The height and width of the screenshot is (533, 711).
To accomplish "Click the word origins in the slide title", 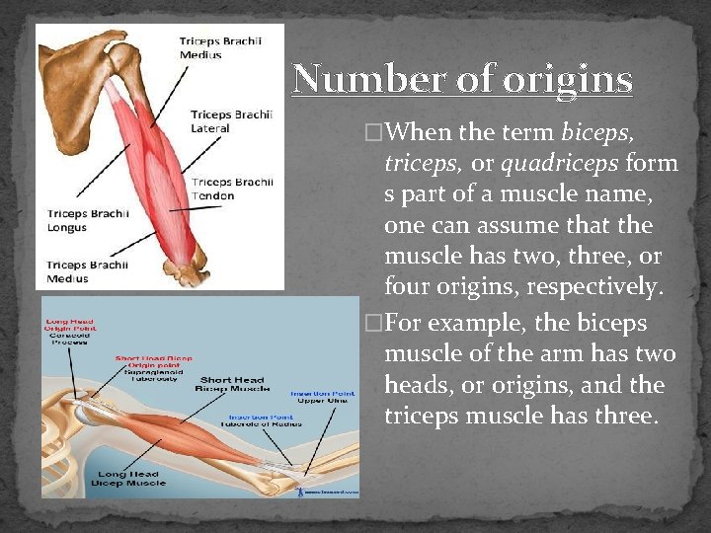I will [x=567, y=80].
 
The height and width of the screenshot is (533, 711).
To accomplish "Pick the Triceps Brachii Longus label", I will [x=82, y=220].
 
